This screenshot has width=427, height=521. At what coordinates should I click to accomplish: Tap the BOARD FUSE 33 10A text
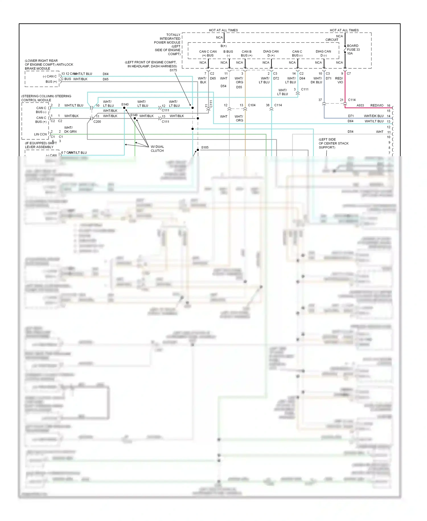pyautogui.click(x=353, y=50)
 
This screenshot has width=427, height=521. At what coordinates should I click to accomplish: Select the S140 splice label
pyautogui.click(x=125, y=104)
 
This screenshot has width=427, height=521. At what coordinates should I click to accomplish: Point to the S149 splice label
pyautogui.click(x=134, y=115)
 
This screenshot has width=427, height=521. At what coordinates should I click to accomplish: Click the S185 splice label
pyautogui.click(x=205, y=147)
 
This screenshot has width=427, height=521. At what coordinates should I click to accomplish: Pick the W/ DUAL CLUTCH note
pyautogui.click(x=157, y=148)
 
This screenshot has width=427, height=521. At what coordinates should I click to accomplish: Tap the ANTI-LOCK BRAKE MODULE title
pyautogui.click(x=49, y=64)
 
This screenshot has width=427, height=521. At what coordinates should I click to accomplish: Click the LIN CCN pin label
pyautogui.click(x=40, y=134)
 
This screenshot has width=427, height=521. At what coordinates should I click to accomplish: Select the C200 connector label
pyautogui.click(x=97, y=121)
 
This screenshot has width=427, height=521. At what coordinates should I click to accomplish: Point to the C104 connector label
pyautogui.click(x=252, y=105)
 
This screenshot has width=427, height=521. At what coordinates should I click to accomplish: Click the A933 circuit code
pyautogui.click(x=360, y=105)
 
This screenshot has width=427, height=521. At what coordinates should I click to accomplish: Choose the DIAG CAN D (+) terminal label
pyautogui.click(x=271, y=53)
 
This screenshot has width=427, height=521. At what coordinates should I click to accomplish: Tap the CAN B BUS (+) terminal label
pyautogui.click(x=247, y=53)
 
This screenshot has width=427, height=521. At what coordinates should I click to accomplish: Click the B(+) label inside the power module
pyautogui.click(x=223, y=46)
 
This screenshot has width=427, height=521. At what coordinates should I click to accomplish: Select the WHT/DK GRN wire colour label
pyautogui.click(x=70, y=129)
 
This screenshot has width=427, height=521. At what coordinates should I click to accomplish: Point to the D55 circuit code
pyautogui.click(x=239, y=87)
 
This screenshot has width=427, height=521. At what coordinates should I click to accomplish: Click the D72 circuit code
pyautogui.click(x=276, y=78)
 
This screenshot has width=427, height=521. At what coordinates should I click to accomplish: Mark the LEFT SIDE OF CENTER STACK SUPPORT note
pyautogui.click(x=333, y=143)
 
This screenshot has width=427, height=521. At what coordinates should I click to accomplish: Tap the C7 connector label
pyautogui.click(x=349, y=74)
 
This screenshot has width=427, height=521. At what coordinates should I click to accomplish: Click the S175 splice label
pyautogui.click(x=173, y=70)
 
